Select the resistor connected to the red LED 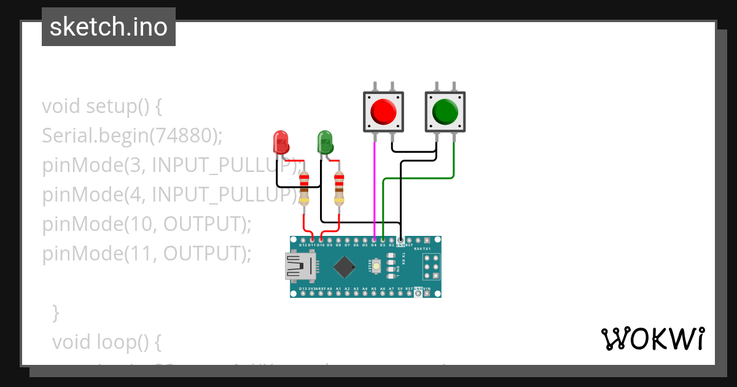[304, 188]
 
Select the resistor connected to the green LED [339, 188]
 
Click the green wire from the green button [418, 178]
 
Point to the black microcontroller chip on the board [345, 267]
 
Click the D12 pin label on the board [303, 245]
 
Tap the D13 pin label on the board [303, 289]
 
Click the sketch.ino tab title [109, 27]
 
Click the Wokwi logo [652, 339]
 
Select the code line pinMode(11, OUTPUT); [147, 253]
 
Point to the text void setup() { [102, 106]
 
